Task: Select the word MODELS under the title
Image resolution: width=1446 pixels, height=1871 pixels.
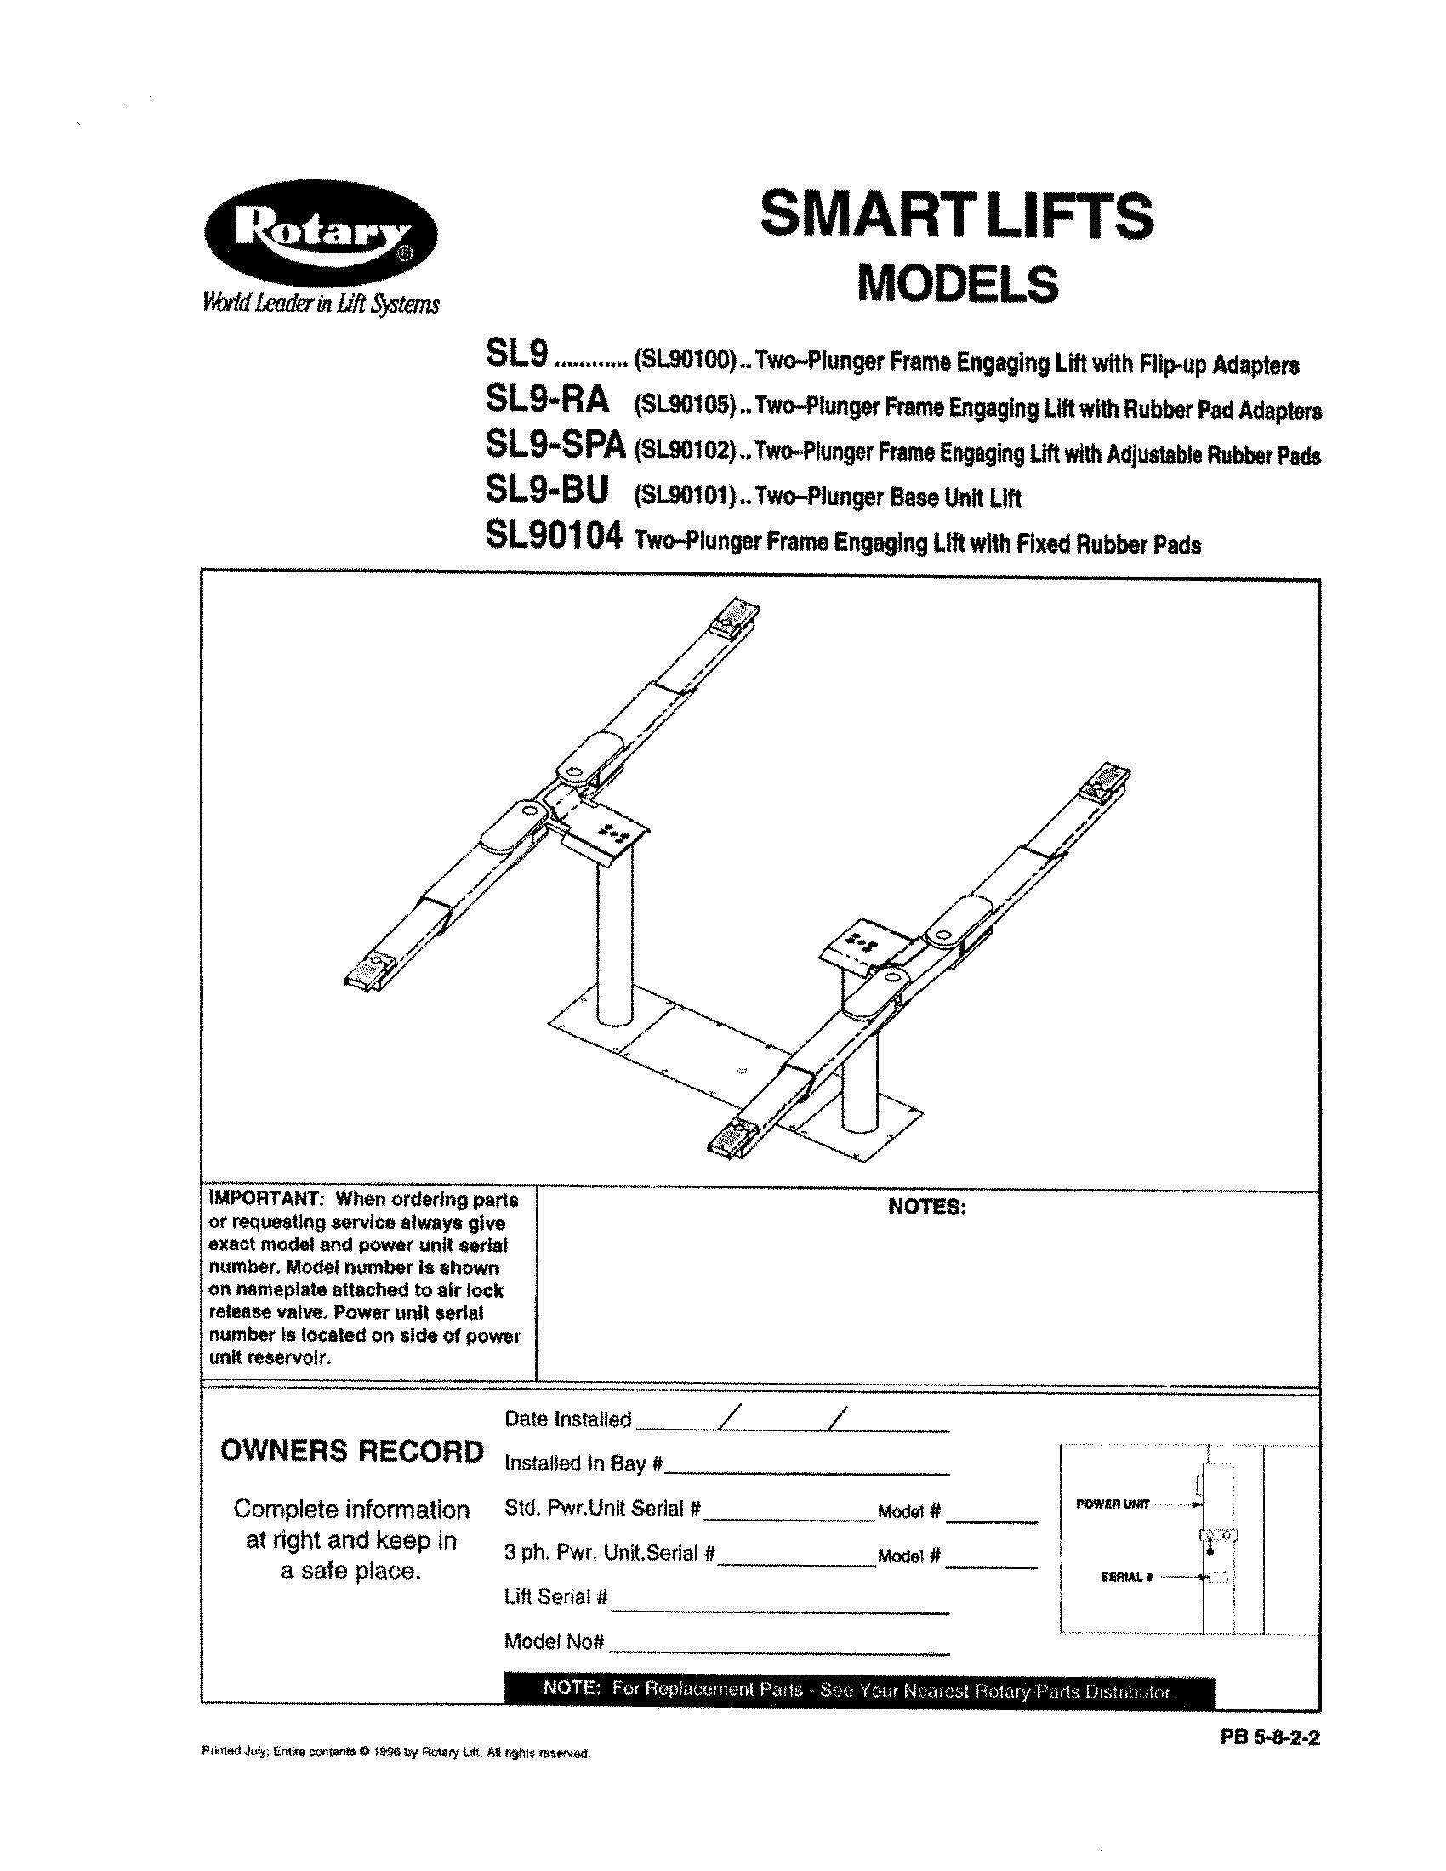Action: tap(957, 284)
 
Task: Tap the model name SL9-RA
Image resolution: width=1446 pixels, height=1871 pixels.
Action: tap(547, 399)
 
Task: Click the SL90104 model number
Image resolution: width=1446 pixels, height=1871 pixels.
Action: tap(552, 537)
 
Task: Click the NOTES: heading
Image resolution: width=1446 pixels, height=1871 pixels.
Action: tap(927, 1207)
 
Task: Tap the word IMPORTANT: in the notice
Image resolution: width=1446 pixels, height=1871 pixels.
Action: tap(265, 1199)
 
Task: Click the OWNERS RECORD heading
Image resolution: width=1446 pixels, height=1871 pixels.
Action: tap(352, 1450)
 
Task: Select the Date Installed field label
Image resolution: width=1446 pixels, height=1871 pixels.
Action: tap(567, 1419)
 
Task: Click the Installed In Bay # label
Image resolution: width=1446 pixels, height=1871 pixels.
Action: tap(583, 1464)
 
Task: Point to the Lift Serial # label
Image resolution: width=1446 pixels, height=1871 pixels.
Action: tap(556, 1597)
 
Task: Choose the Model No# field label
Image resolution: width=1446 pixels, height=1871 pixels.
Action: tap(555, 1641)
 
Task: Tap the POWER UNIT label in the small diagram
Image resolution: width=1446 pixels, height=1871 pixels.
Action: tap(1112, 1504)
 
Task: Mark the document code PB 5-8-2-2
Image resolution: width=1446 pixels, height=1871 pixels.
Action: tap(1270, 1740)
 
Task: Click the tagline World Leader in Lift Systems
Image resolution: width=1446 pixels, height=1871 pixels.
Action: tap(321, 304)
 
